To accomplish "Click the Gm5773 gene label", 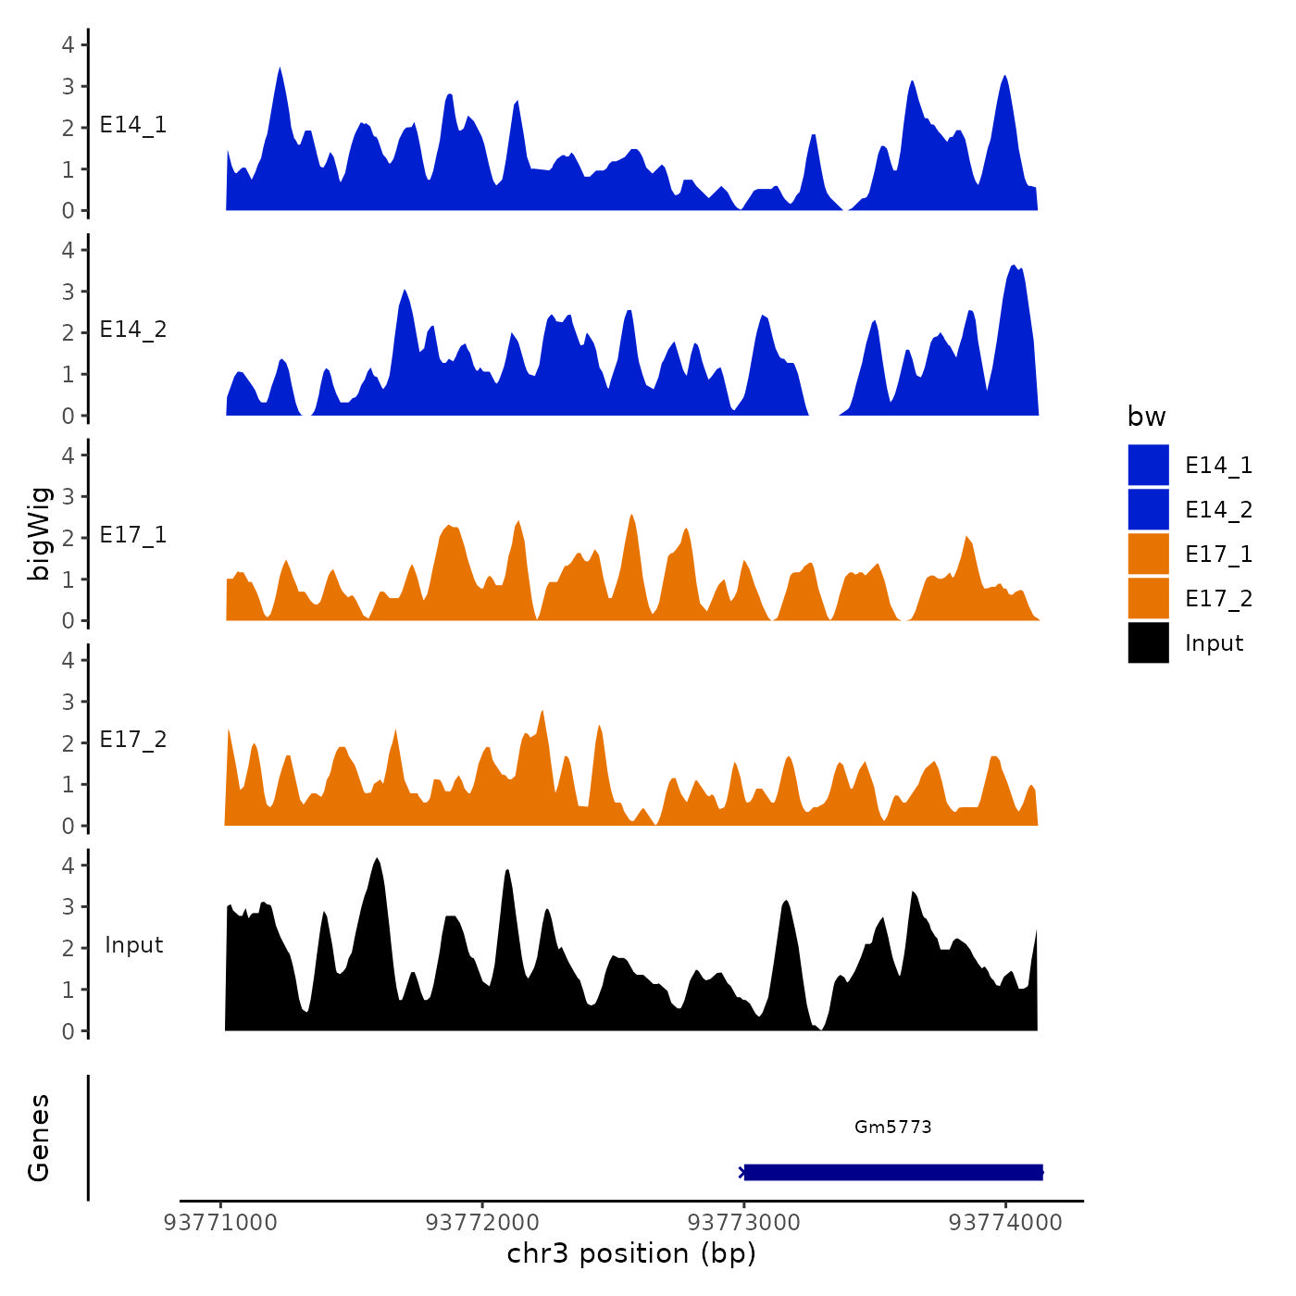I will [892, 1127].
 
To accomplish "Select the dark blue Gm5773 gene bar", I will [893, 1172].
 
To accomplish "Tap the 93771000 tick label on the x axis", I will [220, 1222].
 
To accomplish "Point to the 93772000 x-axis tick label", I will [482, 1222].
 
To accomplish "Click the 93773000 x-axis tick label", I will [744, 1222].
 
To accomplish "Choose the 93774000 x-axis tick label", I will [1006, 1222].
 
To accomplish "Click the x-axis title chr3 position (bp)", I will [631, 1253].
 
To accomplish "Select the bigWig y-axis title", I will [40, 533].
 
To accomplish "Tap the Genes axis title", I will [39, 1138].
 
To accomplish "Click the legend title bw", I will [1146, 417].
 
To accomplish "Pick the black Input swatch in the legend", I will [1148, 642].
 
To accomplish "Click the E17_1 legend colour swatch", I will [1148, 554].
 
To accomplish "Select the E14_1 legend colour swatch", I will [1148, 465].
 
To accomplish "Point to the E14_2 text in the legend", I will [1218, 509].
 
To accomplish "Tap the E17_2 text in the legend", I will [1218, 598].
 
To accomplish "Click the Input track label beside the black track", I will [134, 944].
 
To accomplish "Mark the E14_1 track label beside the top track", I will [133, 125].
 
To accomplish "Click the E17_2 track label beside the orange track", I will [133, 739].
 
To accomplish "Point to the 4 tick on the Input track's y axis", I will [68, 865].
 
